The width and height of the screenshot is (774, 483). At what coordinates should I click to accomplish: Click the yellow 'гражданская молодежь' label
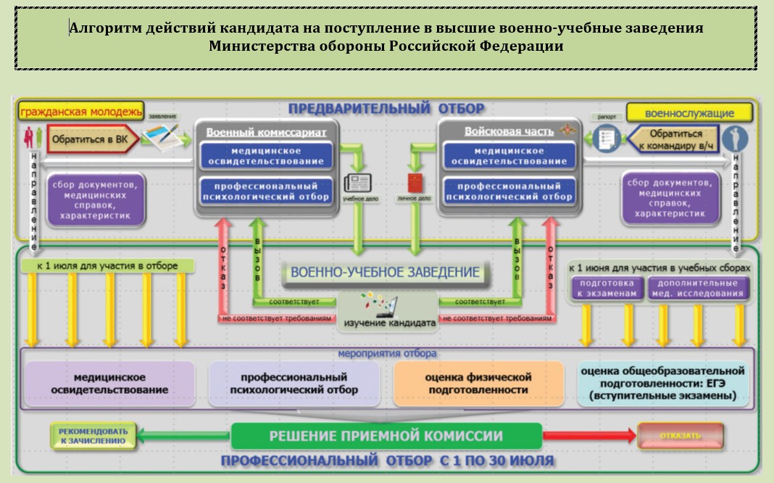pyautogui.click(x=80, y=112)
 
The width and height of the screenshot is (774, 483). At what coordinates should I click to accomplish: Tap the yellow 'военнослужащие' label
pyautogui.click(x=689, y=113)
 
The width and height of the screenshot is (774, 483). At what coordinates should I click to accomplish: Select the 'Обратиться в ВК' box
pyautogui.click(x=90, y=138)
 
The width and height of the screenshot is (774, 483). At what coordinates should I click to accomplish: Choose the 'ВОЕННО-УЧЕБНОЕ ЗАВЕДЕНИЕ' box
pyautogui.click(x=385, y=273)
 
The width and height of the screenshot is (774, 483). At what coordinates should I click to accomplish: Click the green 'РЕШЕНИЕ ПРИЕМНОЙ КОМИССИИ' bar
pyautogui.click(x=386, y=436)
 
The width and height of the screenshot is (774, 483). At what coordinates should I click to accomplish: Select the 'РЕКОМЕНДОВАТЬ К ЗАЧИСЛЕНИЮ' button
pyautogui.click(x=93, y=436)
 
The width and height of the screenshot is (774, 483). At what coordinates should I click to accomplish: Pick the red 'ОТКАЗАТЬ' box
pyautogui.click(x=681, y=436)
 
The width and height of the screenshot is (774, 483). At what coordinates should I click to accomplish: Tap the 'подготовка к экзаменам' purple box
pyautogui.click(x=606, y=288)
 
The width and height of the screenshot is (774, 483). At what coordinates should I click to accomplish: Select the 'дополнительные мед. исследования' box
pyautogui.click(x=696, y=288)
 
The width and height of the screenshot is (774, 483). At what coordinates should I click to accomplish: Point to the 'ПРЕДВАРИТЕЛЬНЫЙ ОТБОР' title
pyautogui.click(x=386, y=109)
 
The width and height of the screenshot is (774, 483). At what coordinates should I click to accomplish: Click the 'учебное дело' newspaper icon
pyautogui.click(x=357, y=182)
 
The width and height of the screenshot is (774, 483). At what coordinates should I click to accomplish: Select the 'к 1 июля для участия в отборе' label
pyautogui.click(x=107, y=266)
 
